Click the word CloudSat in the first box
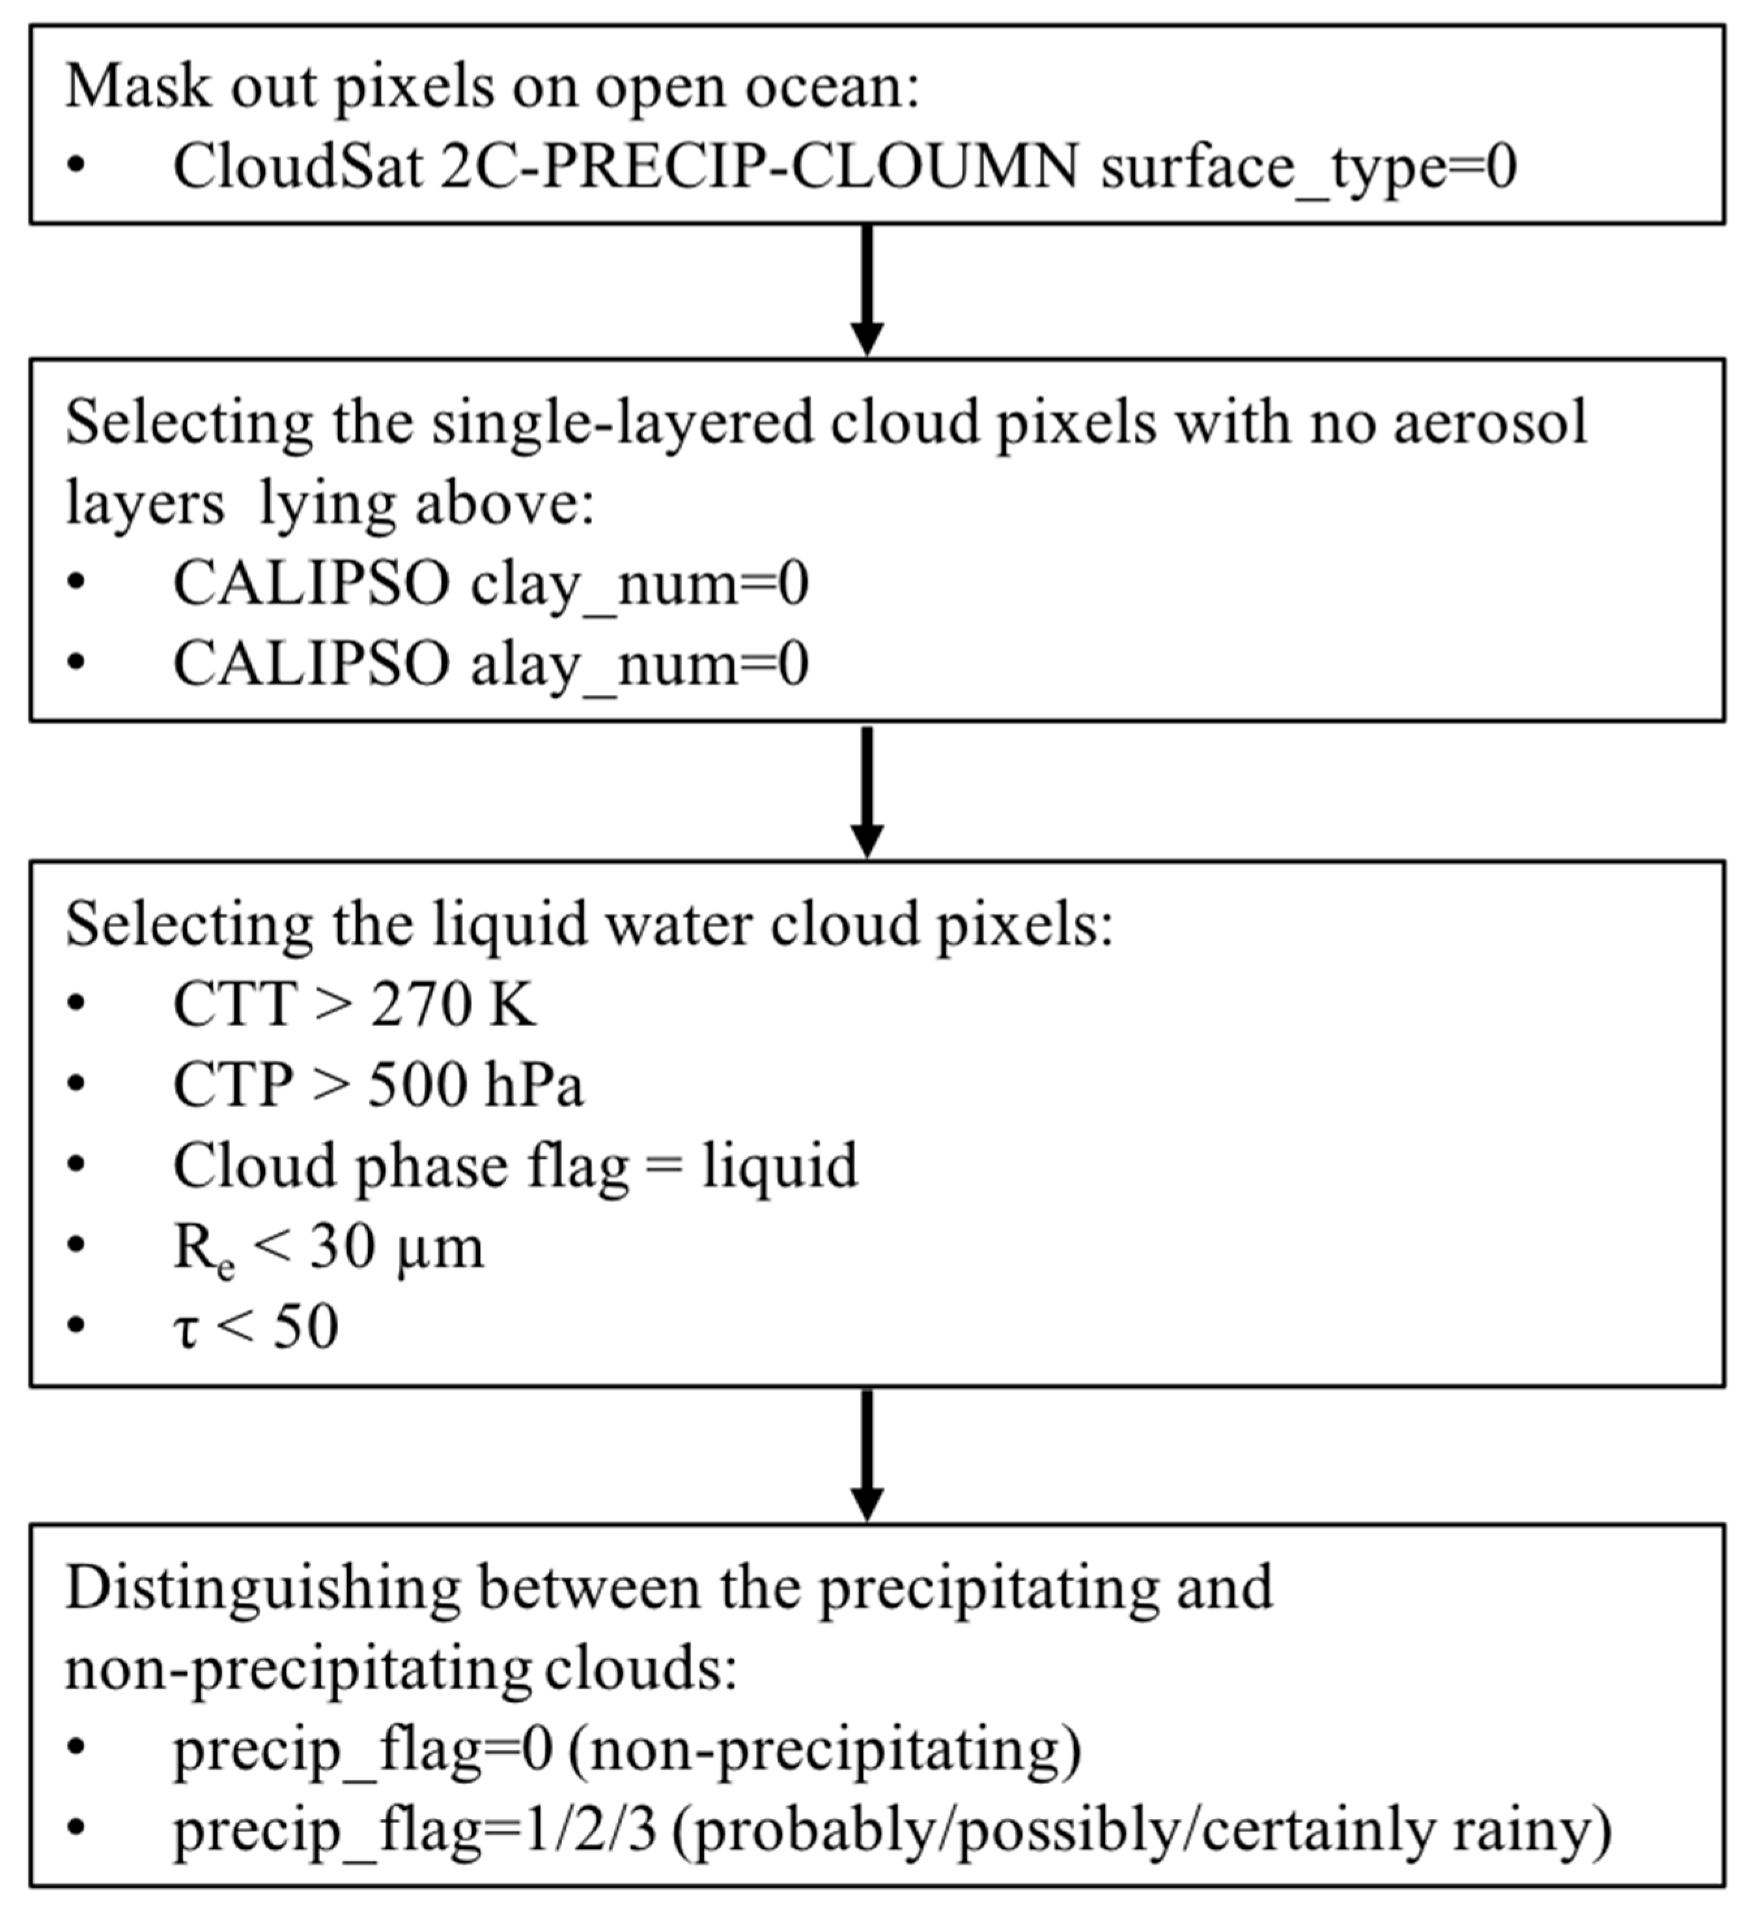tap(296, 167)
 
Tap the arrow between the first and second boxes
tap(866, 290)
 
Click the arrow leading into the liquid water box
tap(866, 792)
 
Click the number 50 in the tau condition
tap(306, 1326)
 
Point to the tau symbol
tap(186, 1329)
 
